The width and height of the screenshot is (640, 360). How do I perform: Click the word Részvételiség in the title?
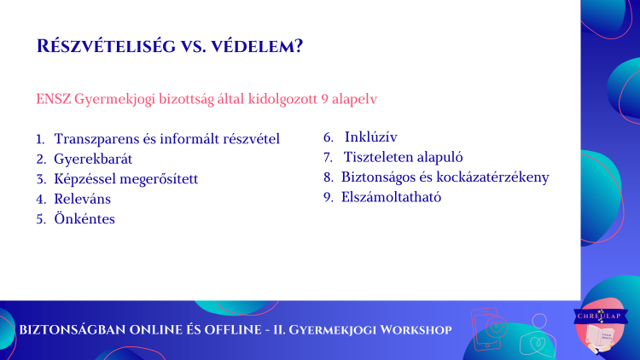click(x=106, y=46)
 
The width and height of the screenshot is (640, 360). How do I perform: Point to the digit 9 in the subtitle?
click(x=324, y=99)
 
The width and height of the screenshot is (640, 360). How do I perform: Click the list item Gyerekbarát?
click(x=93, y=159)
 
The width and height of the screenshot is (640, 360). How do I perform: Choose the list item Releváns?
click(x=83, y=199)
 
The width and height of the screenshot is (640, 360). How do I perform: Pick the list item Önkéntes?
click(x=84, y=218)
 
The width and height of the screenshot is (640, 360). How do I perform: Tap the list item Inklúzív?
click(x=370, y=137)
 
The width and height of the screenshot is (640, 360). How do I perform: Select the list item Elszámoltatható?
click(x=391, y=197)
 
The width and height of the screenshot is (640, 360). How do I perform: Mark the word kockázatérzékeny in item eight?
click(x=492, y=177)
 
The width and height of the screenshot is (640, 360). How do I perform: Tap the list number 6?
click(x=329, y=137)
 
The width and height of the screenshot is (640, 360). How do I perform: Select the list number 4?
click(x=41, y=199)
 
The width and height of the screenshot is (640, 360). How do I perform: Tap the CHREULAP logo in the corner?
click(x=600, y=325)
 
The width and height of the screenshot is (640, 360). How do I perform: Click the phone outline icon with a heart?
click(x=489, y=328)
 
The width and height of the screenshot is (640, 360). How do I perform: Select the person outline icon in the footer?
click(x=538, y=334)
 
